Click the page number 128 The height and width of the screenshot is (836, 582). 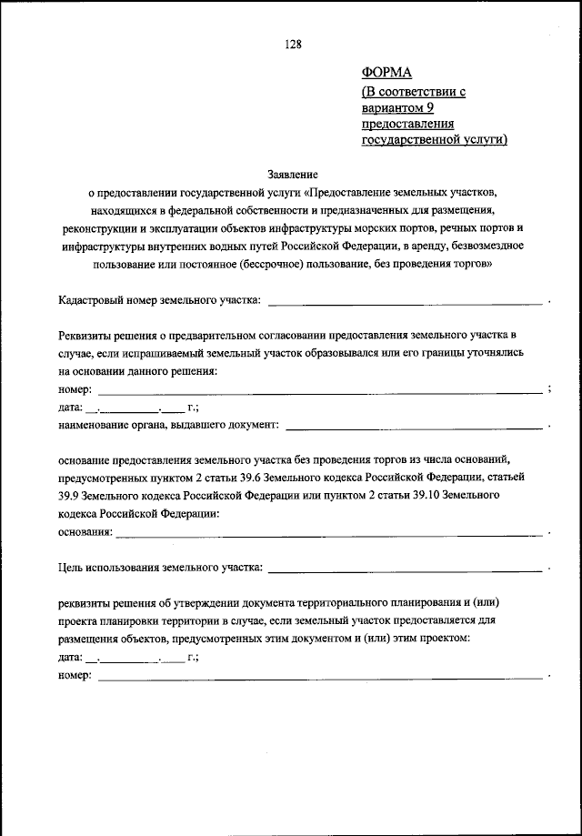pyautogui.click(x=291, y=44)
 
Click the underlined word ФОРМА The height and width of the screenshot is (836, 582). pyautogui.click(x=386, y=74)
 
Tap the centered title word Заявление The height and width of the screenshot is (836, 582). pyautogui.click(x=291, y=172)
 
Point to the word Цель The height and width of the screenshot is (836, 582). pyautogui.click(x=69, y=569)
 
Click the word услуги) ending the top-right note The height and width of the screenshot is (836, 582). pyautogui.click(x=486, y=139)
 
